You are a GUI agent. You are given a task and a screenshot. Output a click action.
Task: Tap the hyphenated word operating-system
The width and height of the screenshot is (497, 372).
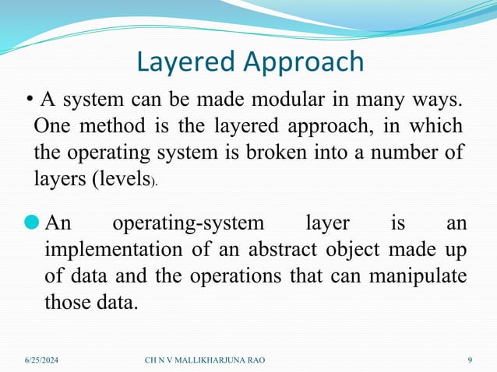click(x=189, y=224)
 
